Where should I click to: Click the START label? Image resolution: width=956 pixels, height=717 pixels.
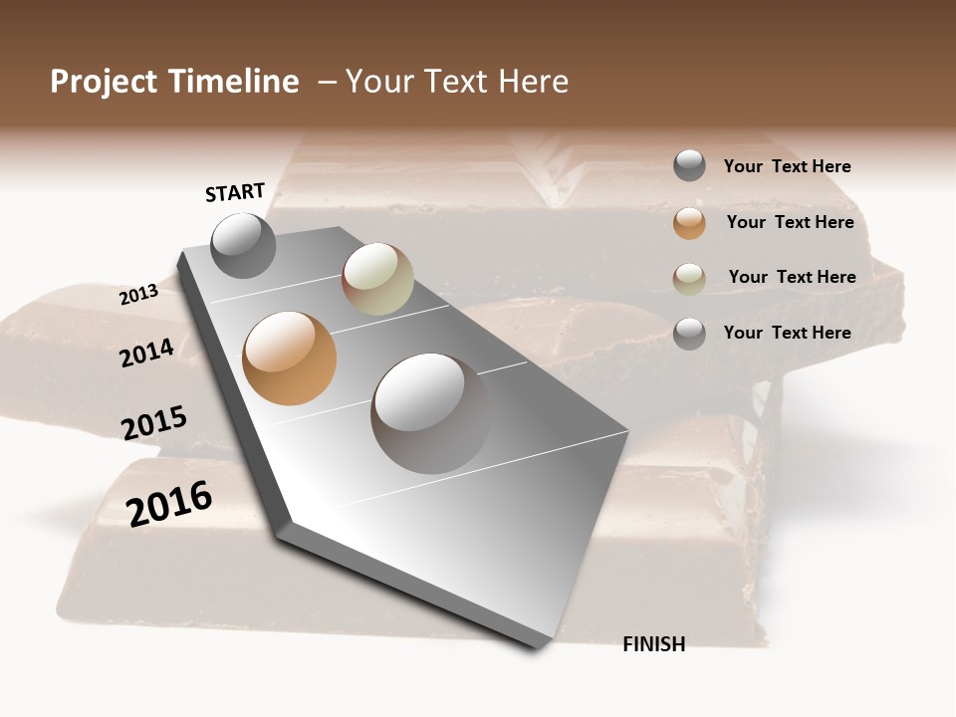[235, 192]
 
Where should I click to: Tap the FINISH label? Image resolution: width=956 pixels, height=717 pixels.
[653, 644]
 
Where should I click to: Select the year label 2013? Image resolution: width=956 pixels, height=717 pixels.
[138, 295]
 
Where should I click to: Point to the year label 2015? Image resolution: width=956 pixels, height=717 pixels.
[153, 423]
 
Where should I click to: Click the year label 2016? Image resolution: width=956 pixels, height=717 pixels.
[168, 504]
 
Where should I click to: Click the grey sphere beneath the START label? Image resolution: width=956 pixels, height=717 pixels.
[244, 245]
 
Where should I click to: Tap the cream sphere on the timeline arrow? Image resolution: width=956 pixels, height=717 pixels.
[377, 279]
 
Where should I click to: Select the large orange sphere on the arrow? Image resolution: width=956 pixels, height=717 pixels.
[290, 358]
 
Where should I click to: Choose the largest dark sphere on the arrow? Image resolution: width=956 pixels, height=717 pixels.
[430, 413]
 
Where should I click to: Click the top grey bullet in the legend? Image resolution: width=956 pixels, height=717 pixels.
[689, 165]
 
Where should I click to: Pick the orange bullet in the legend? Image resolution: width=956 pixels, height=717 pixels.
[689, 223]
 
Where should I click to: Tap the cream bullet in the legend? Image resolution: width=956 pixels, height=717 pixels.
[689, 279]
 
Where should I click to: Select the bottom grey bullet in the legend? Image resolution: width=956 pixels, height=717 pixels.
[689, 334]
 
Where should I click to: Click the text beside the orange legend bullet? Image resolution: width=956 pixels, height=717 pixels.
[790, 222]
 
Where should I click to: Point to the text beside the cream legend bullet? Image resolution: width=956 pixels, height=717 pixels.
[792, 277]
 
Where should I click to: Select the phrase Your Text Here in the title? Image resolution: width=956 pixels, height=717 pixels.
[457, 82]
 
